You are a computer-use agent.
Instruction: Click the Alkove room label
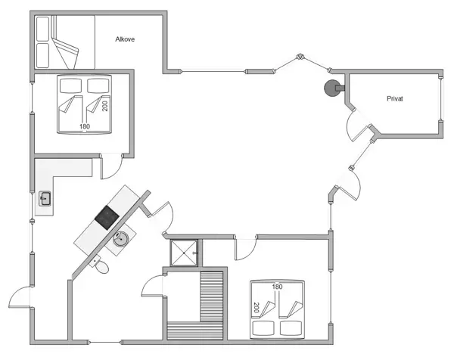pos(125,39)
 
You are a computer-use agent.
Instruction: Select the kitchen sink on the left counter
pos(45,199)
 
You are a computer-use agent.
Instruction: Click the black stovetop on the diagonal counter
pos(107,217)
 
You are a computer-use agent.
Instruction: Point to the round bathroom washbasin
pos(120,241)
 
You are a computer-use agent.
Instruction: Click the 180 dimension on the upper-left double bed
pos(84,126)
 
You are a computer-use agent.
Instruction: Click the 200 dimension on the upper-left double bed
pos(105,105)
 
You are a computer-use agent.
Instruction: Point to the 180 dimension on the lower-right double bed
pos(277,287)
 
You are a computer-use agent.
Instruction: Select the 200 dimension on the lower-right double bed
pos(257,309)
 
